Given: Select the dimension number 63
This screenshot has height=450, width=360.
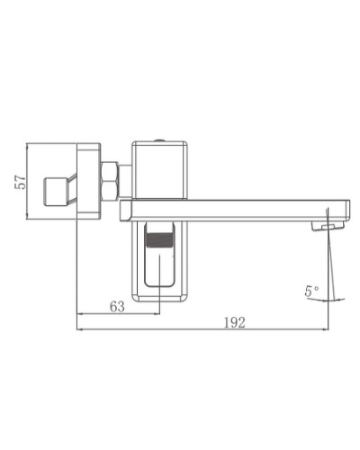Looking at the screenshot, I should click(117, 306).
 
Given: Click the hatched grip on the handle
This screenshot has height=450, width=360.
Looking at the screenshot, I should click(159, 238).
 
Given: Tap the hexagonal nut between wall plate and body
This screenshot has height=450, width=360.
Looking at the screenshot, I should click(111, 180).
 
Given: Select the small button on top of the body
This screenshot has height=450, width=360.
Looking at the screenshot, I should click(160, 139).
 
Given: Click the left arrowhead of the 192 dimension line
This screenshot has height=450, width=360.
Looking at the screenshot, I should click(81, 328).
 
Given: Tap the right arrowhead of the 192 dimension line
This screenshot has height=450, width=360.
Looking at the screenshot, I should click(328, 328).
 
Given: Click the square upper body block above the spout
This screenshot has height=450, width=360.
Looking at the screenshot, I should click(160, 171).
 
